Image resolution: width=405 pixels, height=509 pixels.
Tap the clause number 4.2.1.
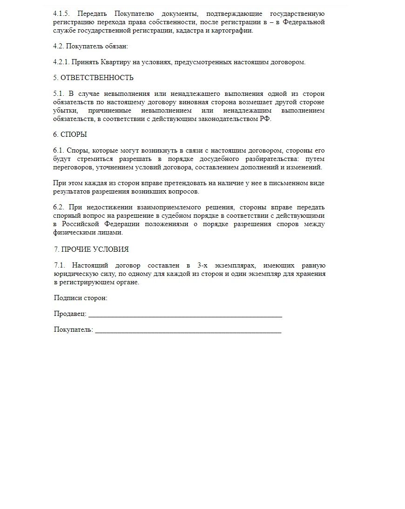click(x=62, y=62)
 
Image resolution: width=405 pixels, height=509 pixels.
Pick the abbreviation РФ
click(x=266, y=119)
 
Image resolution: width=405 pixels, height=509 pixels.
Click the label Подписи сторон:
click(x=81, y=298)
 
